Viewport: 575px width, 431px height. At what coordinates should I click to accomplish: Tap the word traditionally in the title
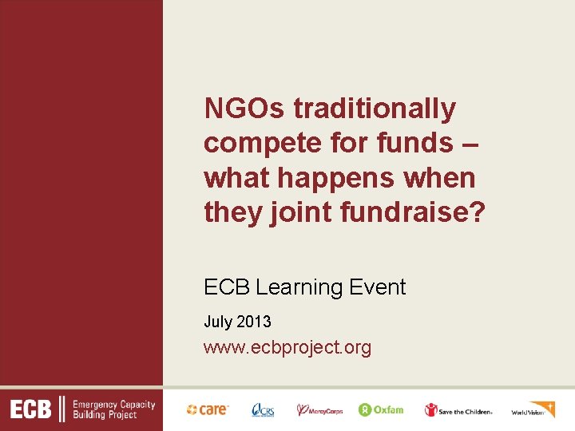(375, 108)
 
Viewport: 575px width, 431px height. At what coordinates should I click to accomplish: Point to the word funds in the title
(401, 143)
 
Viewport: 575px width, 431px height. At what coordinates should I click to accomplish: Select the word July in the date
(216, 322)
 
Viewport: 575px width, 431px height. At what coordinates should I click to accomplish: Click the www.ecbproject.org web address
(287, 347)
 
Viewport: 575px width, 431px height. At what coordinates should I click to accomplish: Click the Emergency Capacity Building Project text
(114, 410)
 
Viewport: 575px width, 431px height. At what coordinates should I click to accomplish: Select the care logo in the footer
(208, 409)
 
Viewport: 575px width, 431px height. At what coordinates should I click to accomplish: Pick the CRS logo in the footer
(262, 410)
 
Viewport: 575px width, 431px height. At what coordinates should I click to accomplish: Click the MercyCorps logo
(319, 410)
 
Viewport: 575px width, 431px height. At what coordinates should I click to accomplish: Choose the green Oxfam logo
(381, 409)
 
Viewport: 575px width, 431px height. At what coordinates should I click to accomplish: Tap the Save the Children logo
(458, 410)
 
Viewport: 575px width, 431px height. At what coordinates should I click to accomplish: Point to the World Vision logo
(533, 409)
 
